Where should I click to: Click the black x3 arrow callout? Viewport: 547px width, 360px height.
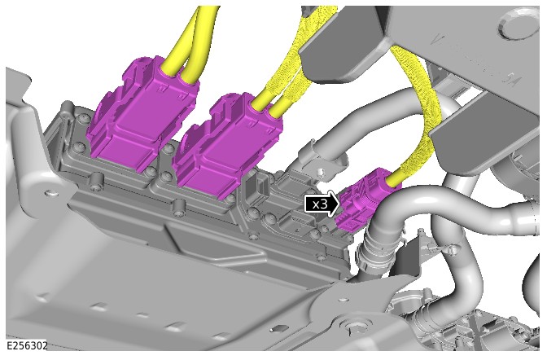pyautogui.click(x=322, y=204)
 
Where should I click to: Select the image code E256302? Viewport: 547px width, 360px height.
pyautogui.click(x=27, y=345)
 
